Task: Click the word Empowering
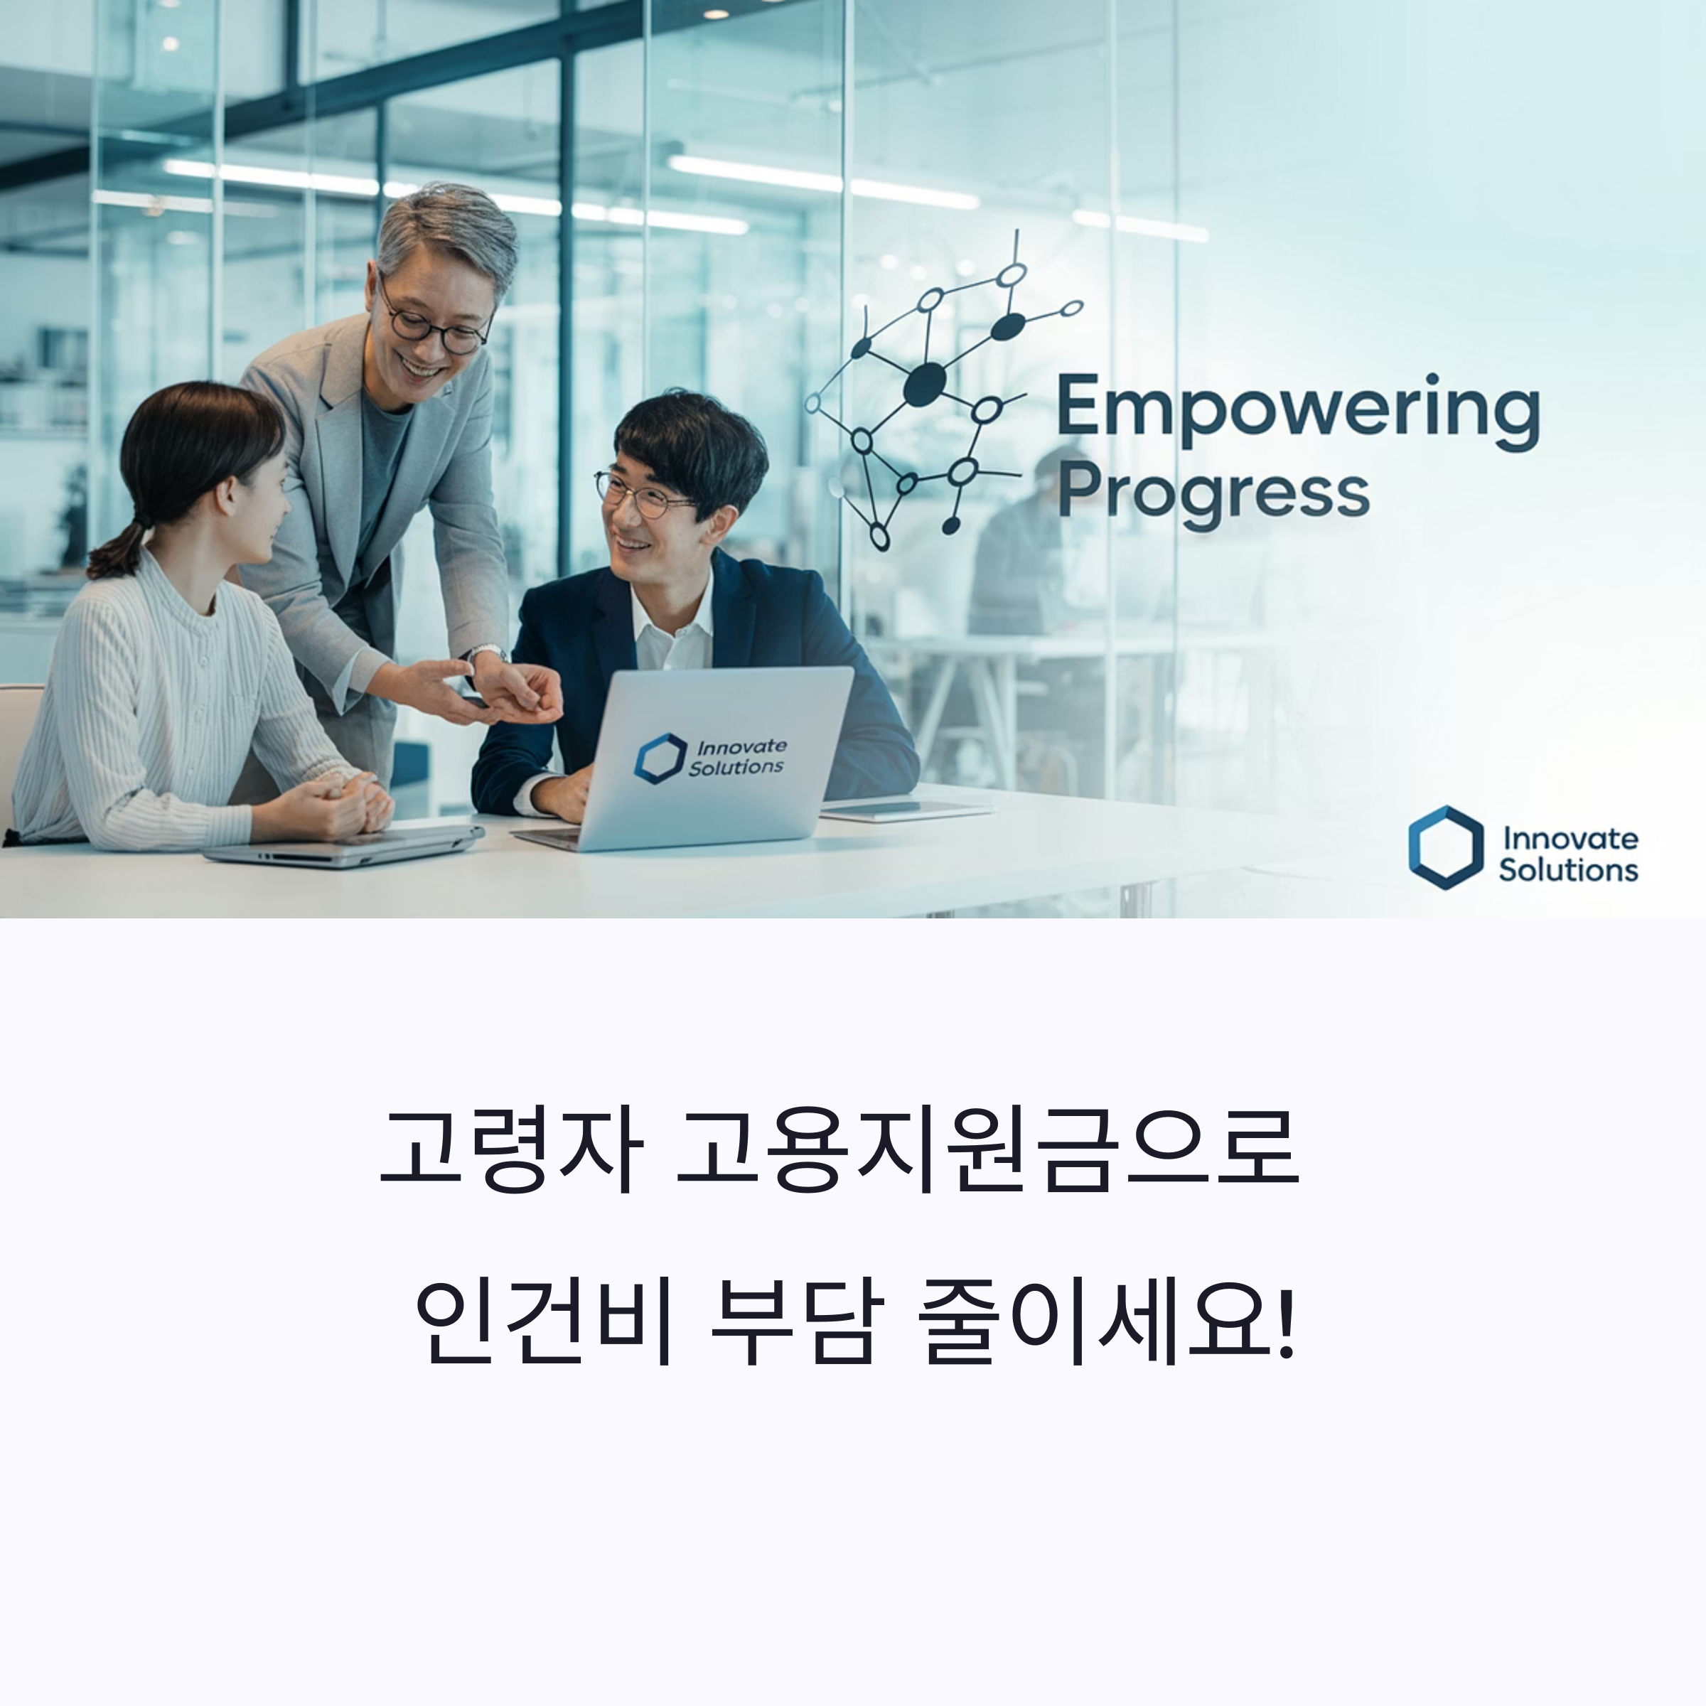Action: click(x=1297, y=408)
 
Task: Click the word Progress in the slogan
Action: click(x=1213, y=495)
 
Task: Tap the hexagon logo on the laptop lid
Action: click(x=660, y=758)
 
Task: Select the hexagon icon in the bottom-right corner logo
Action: click(x=1446, y=847)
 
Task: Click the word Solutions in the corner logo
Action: click(x=1568, y=871)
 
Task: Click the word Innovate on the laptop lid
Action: click(x=741, y=747)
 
